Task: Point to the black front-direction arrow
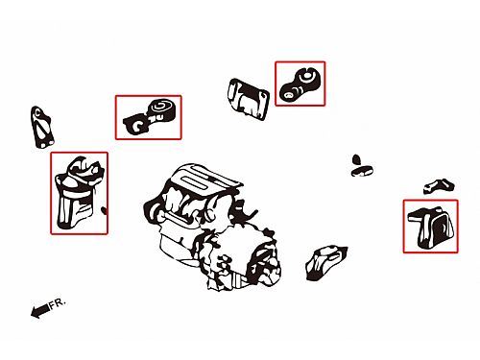40,310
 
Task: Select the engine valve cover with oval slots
204,180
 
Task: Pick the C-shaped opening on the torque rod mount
137,125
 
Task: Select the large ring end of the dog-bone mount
306,78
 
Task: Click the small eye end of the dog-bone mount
289,94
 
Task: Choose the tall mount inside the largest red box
79,193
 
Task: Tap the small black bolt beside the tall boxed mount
104,210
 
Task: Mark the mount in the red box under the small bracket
431,228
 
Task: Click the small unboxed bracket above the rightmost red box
439,186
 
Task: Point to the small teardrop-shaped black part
356,159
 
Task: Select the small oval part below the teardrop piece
362,171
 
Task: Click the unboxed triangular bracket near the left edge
42,128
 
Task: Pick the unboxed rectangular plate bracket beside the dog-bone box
249,99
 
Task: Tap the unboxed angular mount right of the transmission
325,263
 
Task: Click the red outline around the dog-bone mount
300,61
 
